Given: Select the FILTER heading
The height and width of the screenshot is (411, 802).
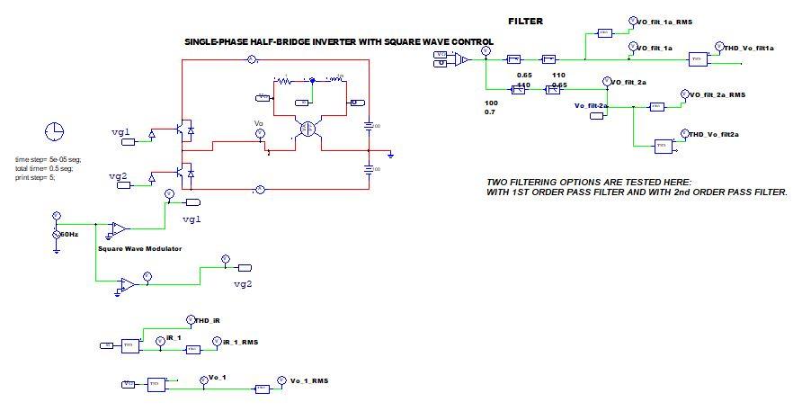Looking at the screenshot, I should tap(525, 21).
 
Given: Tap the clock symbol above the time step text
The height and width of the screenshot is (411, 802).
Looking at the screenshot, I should tap(54, 130).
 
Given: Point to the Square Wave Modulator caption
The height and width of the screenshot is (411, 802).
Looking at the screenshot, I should tap(139, 248).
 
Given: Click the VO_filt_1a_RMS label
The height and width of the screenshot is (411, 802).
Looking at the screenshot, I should tap(664, 21).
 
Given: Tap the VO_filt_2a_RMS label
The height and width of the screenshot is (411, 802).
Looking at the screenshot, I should tap(717, 94).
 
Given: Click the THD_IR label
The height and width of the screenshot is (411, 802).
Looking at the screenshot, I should tap(208, 319).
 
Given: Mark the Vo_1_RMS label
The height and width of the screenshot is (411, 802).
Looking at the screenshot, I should tap(308, 380).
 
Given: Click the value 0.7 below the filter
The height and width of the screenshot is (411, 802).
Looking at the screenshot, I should tap(490, 112).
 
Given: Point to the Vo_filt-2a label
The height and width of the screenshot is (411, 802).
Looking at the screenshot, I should tap(591, 106).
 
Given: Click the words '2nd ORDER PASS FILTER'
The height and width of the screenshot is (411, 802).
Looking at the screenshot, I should tap(725, 192).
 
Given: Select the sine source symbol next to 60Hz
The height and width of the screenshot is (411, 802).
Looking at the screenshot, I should tap(57, 235).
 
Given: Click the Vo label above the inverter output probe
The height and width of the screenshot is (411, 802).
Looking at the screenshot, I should tap(258, 123).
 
